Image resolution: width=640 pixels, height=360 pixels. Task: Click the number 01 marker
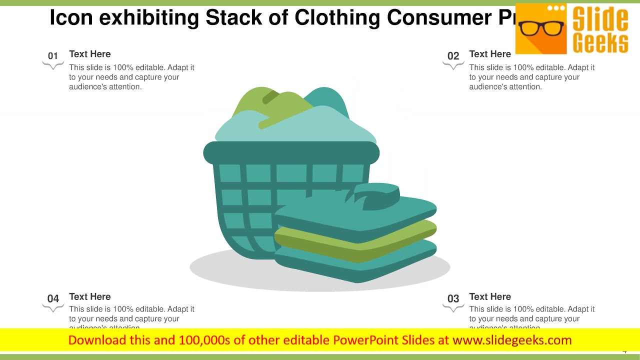(x=53, y=56)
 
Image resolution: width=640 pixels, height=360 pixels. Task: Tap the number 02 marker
(x=453, y=56)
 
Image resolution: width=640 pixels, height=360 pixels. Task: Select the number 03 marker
(x=453, y=298)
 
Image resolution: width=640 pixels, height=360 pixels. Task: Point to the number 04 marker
(x=53, y=298)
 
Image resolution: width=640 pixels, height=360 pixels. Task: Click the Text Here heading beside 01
(x=89, y=54)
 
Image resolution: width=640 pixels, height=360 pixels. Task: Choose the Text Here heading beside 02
(x=489, y=54)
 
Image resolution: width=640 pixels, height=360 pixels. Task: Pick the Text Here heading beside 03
(x=489, y=296)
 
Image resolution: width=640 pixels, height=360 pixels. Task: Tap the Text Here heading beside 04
(x=89, y=296)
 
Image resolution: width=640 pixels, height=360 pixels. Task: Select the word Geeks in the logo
(x=600, y=42)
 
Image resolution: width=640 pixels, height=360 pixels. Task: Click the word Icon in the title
(x=70, y=18)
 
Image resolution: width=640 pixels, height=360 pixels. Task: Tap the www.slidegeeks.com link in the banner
(x=512, y=340)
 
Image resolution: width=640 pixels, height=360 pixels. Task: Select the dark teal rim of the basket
(x=291, y=153)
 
